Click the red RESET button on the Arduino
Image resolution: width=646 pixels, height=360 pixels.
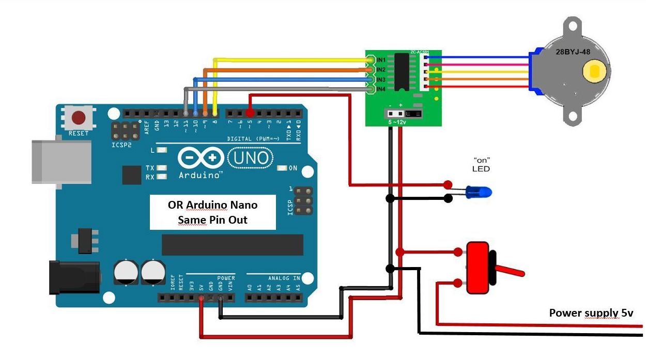[x=79, y=118]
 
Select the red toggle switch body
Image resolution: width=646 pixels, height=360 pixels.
[x=478, y=268]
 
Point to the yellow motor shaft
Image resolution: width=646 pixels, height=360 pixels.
[x=595, y=71]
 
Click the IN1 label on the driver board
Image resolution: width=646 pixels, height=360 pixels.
[x=381, y=60]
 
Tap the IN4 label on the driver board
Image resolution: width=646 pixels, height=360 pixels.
[x=381, y=89]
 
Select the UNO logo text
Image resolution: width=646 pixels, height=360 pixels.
[x=249, y=157]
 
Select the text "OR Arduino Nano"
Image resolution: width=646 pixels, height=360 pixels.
[x=212, y=205]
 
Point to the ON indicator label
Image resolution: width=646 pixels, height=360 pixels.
[x=293, y=168]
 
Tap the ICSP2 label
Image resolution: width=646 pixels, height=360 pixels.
[x=121, y=145]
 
